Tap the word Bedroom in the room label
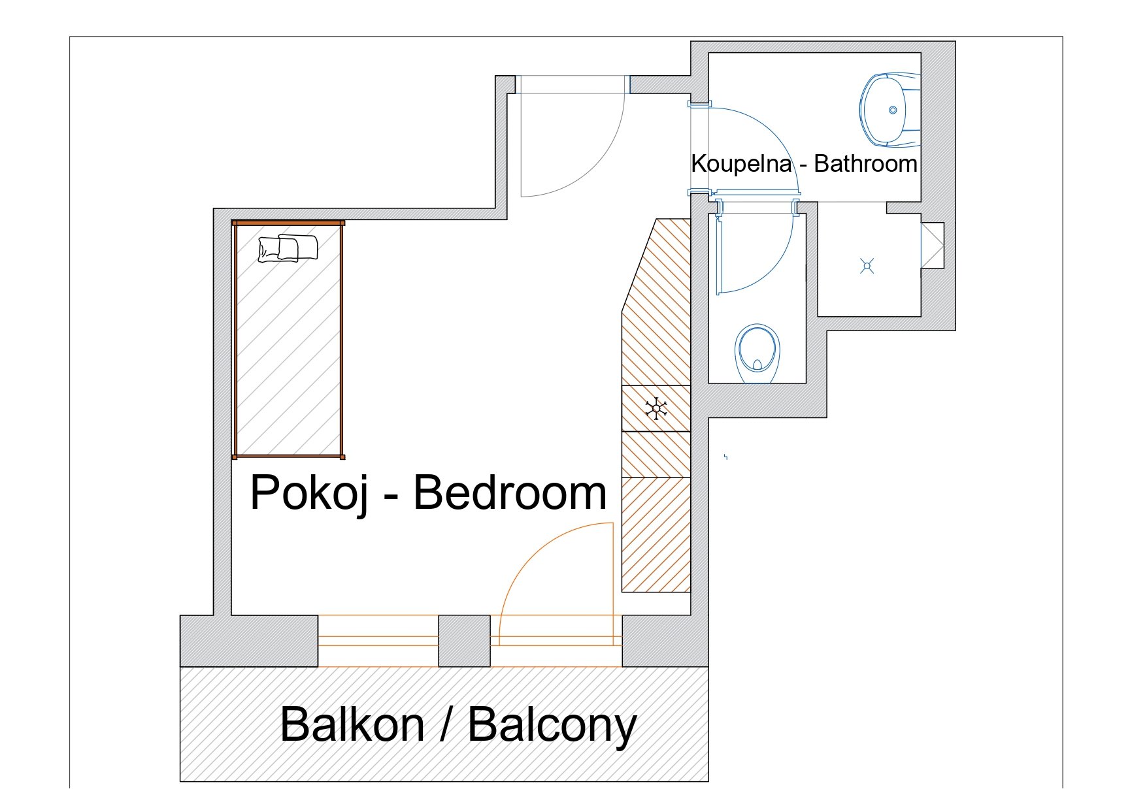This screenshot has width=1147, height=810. point(510,493)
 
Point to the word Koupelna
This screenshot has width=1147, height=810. point(741,164)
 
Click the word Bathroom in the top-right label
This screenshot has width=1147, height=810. point(865,163)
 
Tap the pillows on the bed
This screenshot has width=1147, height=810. point(288,248)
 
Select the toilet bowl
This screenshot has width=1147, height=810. point(758,353)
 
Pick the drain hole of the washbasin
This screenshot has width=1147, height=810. point(893,110)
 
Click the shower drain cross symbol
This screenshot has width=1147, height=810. point(867,266)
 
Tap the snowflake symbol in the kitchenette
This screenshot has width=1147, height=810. point(656,409)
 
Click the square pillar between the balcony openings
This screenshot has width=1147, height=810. point(464,641)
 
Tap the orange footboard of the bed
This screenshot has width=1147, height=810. point(288,456)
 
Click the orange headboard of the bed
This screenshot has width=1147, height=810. point(288,223)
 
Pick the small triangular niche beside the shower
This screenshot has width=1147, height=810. point(933,246)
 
